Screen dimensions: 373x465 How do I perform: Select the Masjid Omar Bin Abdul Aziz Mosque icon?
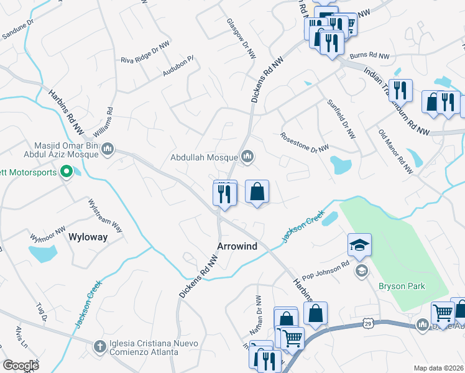click(108, 149)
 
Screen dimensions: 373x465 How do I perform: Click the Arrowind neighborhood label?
click(237, 246)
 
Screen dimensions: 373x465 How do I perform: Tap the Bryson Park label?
click(401, 286)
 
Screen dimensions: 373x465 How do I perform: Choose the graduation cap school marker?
click(359, 245)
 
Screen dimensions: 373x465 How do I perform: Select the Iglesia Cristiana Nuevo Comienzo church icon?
click(100, 346)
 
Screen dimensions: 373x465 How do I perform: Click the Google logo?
click(21, 366)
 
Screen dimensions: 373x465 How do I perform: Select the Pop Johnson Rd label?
click(325, 271)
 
